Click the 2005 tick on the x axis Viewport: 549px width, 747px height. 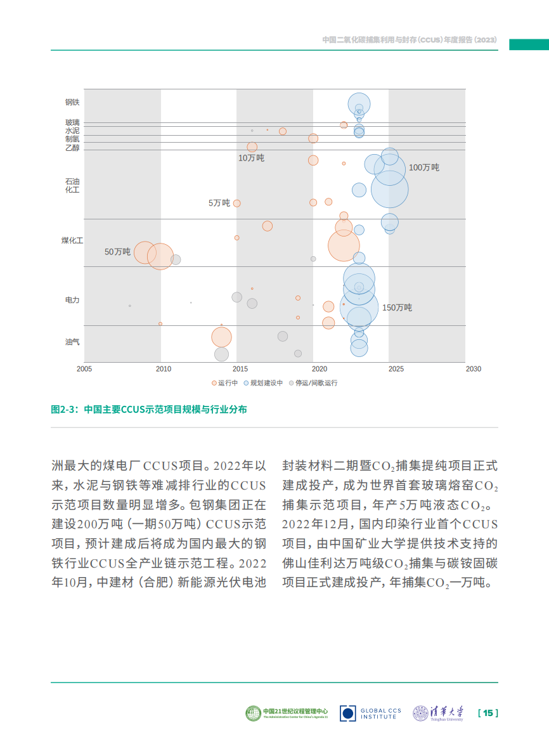(x=84, y=369)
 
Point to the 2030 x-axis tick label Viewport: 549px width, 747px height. (x=473, y=369)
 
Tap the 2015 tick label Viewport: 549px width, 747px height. (x=240, y=369)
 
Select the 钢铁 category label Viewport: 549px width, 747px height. (x=72, y=102)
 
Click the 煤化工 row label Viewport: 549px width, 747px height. (x=72, y=241)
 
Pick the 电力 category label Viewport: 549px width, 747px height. (x=72, y=300)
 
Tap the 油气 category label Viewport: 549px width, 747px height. (x=72, y=342)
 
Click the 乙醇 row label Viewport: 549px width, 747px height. (x=72, y=148)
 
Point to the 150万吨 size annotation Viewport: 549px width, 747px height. (x=397, y=308)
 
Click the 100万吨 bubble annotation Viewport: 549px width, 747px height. (x=424, y=167)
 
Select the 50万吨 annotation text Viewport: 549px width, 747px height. (x=117, y=252)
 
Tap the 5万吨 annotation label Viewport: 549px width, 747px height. (x=219, y=203)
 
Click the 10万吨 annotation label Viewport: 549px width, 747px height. (x=251, y=158)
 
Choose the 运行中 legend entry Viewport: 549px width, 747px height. (x=225, y=383)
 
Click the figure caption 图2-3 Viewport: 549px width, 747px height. (x=149, y=410)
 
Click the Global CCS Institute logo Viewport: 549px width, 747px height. (x=370, y=713)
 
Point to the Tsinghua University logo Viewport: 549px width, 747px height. (x=438, y=713)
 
